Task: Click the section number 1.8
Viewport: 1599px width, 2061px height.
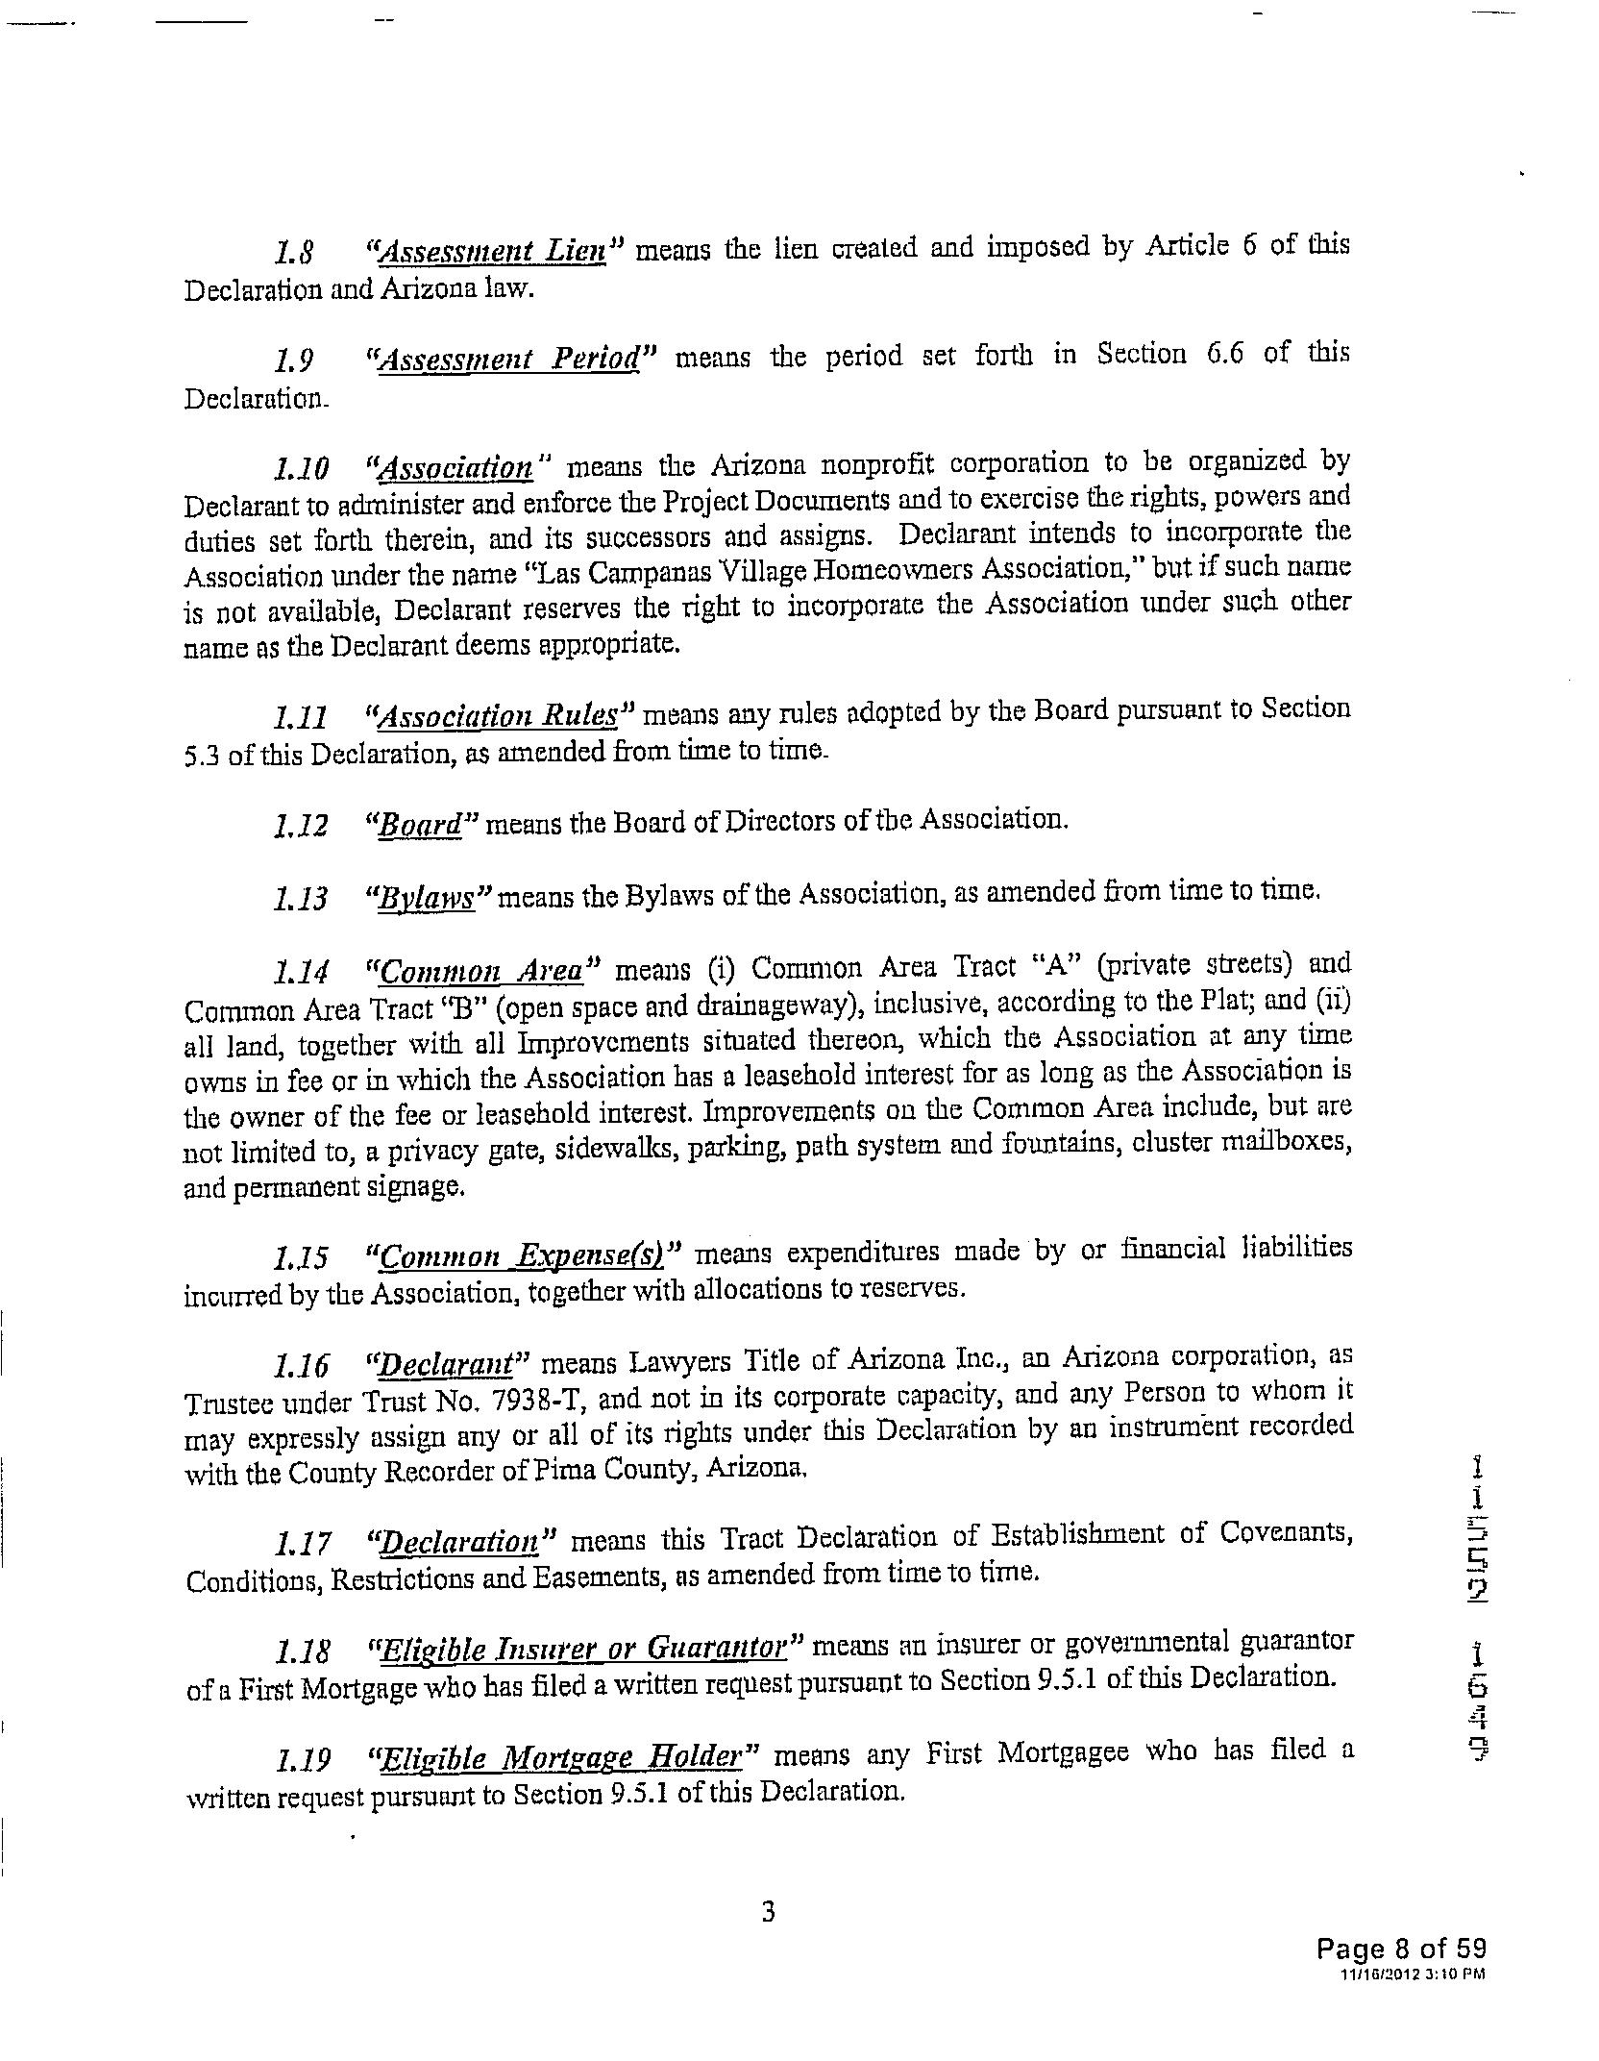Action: point(288,254)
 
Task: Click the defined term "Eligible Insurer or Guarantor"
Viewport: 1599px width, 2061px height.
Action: point(585,1651)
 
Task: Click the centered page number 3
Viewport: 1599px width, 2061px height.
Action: point(768,1911)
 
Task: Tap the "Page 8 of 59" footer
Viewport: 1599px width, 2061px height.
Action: point(1400,1949)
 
